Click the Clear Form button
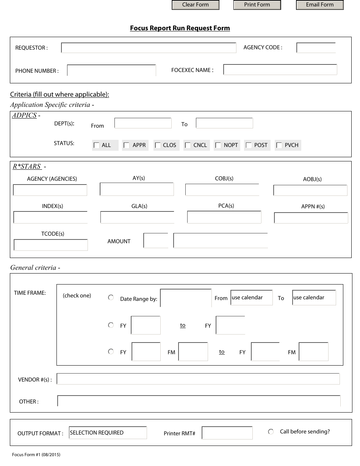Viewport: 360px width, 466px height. click(x=196, y=5)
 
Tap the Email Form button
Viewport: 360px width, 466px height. click(x=319, y=5)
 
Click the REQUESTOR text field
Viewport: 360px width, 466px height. click(x=149, y=48)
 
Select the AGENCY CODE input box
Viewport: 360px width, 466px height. click(x=316, y=48)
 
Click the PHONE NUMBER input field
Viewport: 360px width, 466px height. click(x=111, y=70)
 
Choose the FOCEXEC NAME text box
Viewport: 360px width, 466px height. click(x=280, y=70)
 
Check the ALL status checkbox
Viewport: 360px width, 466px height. click(x=97, y=145)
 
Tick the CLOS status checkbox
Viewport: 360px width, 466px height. click(x=158, y=145)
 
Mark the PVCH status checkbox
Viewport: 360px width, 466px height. click(x=279, y=145)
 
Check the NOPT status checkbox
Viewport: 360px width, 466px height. click(x=218, y=145)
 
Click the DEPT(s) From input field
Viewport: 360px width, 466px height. click(x=143, y=124)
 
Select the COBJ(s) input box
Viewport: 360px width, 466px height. click(x=222, y=190)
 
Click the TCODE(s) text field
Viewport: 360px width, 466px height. click(x=51, y=245)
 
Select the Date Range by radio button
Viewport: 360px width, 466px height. click(x=111, y=298)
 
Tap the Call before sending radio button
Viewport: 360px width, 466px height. click(x=271, y=432)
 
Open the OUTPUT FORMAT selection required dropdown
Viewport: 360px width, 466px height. click(x=108, y=433)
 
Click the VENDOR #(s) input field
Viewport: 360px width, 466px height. click(x=198, y=379)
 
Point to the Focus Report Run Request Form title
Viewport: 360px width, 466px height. click(x=180, y=28)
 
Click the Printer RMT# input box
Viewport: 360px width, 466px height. click(x=227, y=433)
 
